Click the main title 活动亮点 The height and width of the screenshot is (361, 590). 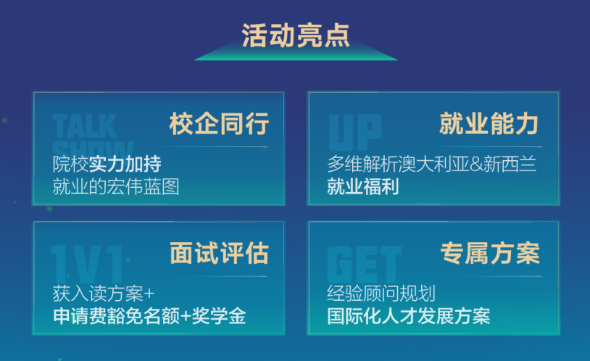[296, 36]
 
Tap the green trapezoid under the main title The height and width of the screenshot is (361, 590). [296, 53]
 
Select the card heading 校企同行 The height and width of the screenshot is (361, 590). [219, 123]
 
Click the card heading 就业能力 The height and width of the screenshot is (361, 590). [489, 123]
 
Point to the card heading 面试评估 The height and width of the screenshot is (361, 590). [219, 253]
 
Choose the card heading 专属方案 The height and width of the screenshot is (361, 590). [490, 253]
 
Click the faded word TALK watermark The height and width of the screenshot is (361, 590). [85, 126]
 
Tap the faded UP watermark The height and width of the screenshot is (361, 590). [355, 132]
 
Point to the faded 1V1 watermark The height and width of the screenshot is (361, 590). [87, 265]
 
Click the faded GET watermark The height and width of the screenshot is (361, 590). [365, 265]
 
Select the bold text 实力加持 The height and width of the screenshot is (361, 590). [125, 164]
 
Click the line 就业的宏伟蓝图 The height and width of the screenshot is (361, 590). [116, 187]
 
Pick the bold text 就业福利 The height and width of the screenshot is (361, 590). [362, 187]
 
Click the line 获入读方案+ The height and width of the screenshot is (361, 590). [104, 294]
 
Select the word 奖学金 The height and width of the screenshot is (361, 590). [219, 316]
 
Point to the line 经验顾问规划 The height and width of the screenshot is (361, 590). [381, 294]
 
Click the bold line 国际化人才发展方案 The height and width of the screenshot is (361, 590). [409, 316]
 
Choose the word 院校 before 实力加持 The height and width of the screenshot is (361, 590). [71, 164]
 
